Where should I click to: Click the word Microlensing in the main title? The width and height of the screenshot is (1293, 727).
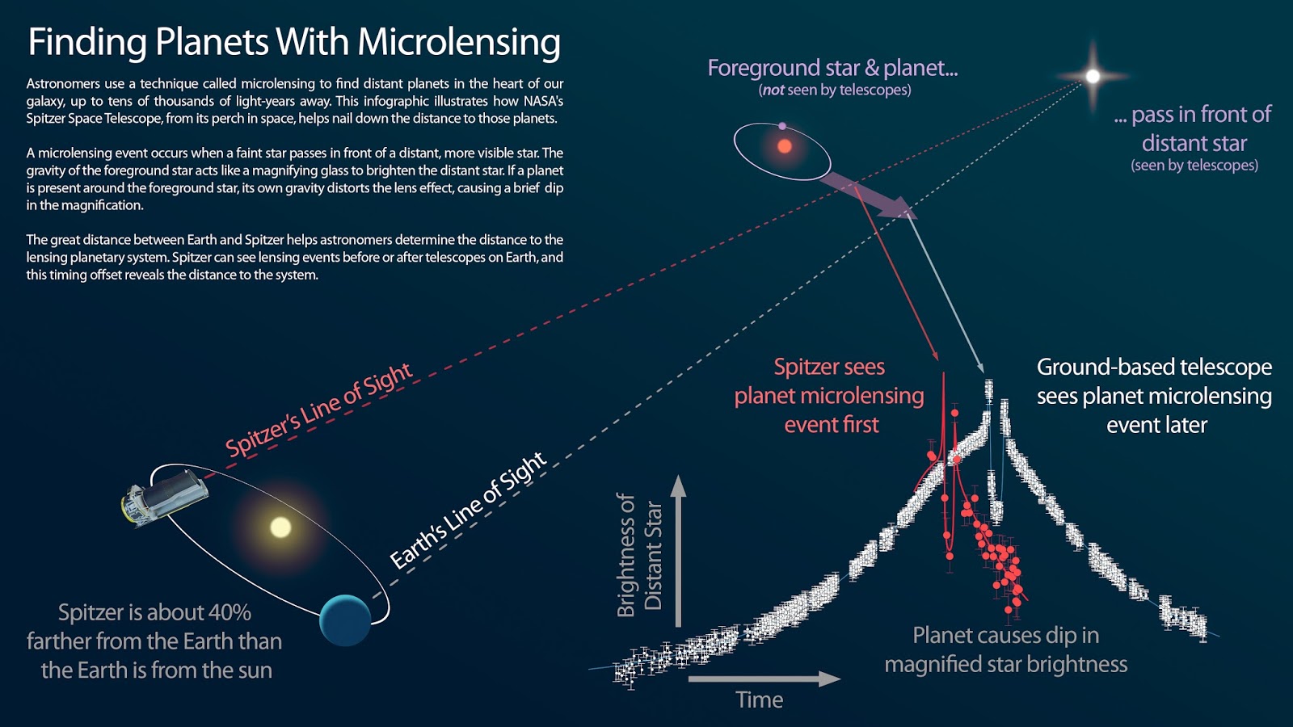(x=458, y=42)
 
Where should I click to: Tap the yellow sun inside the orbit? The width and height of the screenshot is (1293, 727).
(x=280, y=527)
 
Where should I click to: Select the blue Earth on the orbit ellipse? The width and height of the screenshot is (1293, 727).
(x=345, y=620)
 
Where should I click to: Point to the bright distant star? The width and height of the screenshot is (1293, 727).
(x=1093, y=77)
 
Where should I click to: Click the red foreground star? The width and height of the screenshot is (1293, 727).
(x=784, y=146)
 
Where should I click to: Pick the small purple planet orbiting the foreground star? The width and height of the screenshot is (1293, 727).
(x=782, y=126)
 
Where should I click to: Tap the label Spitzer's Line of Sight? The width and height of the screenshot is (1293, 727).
(x=318, y=410)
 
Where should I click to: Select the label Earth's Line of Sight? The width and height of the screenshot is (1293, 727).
(x=468, y=511)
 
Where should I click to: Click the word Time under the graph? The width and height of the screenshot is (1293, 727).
(x=759, y=700)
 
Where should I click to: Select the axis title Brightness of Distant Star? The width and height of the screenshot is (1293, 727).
(x=638, y=556)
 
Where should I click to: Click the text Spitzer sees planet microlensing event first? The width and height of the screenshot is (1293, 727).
(x=829, y=396)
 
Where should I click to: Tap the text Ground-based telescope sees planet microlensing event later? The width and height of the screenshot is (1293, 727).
(x=1154, y=396)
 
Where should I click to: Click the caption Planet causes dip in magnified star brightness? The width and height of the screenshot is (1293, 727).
(x=1005, y=649)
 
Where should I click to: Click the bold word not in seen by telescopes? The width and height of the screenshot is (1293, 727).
(x=773, y=90)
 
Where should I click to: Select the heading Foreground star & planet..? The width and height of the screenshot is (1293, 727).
(x=832, y=68)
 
